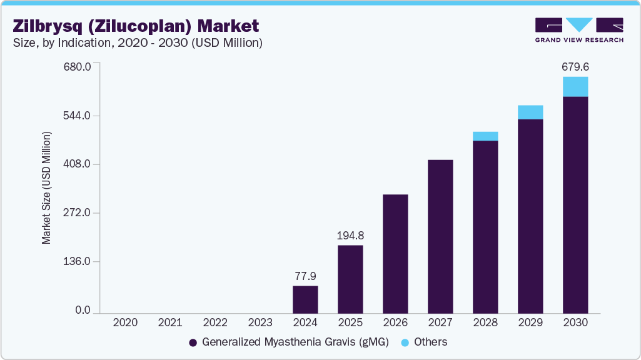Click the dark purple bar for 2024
pos(305,299)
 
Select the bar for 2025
pos(350,279)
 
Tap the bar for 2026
pos(395,254)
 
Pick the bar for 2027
pos(440,236)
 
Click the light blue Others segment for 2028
pos(485,136)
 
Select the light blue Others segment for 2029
pos(530,112)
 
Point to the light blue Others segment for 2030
pos(575,87)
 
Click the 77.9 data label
pos(305,276)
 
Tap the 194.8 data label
pos(350,236)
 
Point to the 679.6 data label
pos(575,66)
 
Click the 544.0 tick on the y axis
pos(79,116)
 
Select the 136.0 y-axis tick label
pos(79,261)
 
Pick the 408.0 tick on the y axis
pos(79,164)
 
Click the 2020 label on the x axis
pos(125,322)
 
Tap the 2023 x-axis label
pos(260,322)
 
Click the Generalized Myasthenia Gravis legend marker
pos(193,342)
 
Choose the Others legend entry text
pos(431,342)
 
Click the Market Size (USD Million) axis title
pos(46,188)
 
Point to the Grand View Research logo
pos(578,29)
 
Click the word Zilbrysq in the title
pos(45,26)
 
